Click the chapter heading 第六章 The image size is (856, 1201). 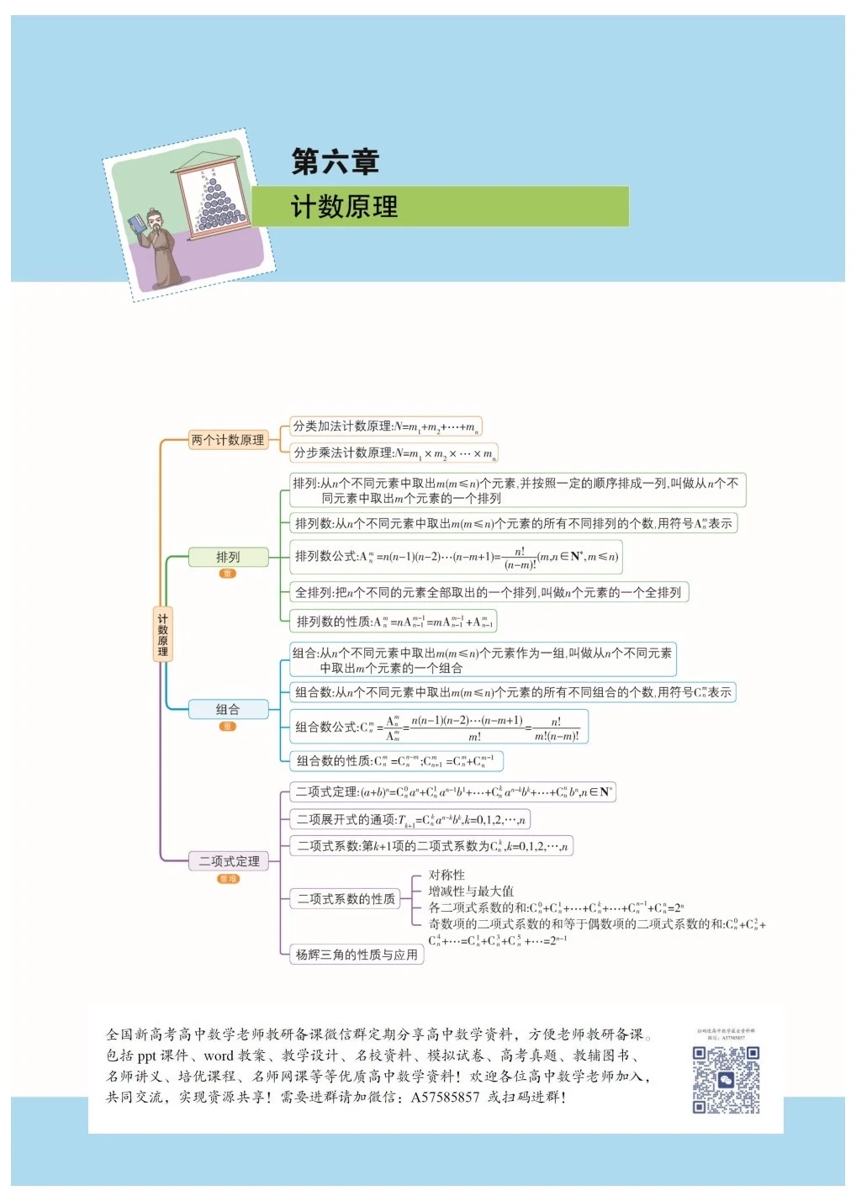click(x=335, y=161)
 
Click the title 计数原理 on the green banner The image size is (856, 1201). click(x=344, y=207)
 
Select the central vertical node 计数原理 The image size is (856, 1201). click(x=162, y=635)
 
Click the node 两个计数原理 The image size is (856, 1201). click(x=227, y=440)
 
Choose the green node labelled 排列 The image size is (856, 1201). click(x=228, y=557)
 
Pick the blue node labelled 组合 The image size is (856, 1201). click(x=228, y=709)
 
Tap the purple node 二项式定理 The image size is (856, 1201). click(x=229, y=861)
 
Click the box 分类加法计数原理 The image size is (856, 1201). click(x=385, y=426)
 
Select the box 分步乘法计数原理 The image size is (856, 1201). click(x=394, y=453)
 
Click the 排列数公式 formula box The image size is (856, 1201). click(x=456, y=557)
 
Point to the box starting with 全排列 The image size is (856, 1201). click(x=488, y=592)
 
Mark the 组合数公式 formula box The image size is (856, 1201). click(x=438, y=727)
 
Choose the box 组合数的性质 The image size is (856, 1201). click(x=396, y=761)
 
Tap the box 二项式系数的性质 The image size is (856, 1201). click(x=346, y=898)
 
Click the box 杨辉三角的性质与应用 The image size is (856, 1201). click(x=357, y=955)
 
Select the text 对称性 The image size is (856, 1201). click(x=446, y=875)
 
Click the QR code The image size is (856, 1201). click(x=726, y=1080)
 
